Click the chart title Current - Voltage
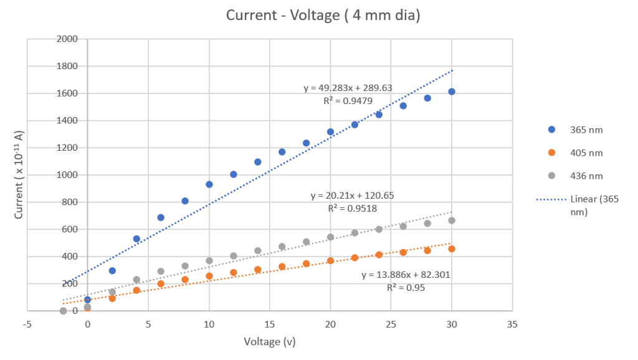(323, 16)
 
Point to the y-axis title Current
(19, 175)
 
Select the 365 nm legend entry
(585, 130)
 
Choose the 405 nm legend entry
(585, 153)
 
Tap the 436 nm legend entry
(585, 176)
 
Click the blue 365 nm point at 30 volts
(452, 92)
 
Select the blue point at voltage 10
(209, 184)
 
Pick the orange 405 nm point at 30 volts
(452, 249)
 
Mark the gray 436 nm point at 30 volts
(452, 220)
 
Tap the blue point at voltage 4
(136, 239)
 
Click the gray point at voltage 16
(282, 247)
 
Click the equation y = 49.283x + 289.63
(348, 88)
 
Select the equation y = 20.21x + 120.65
(352, 196)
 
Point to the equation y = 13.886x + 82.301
(406, 274)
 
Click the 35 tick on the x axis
(512, 324)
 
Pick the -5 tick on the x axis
(27, 324)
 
